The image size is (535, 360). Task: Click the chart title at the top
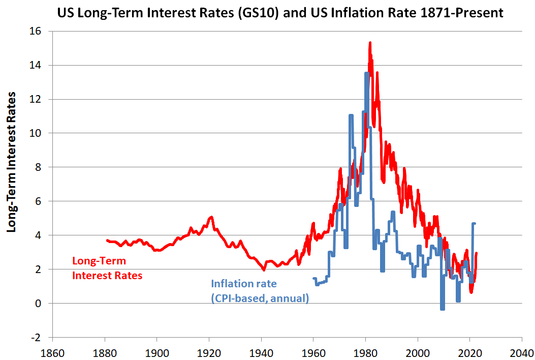coord(280,13)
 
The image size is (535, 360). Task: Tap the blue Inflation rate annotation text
coord(260,291)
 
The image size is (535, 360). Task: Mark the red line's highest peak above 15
coord(370,43)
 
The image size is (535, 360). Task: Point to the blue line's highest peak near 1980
coord(366,74)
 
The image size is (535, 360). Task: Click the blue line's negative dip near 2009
coord(442,308)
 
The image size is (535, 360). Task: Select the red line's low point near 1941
coord(264,270)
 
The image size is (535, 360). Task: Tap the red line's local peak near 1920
coord(211,217)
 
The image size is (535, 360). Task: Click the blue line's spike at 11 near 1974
coord(351,116)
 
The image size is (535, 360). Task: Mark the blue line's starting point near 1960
coord(313,279)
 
